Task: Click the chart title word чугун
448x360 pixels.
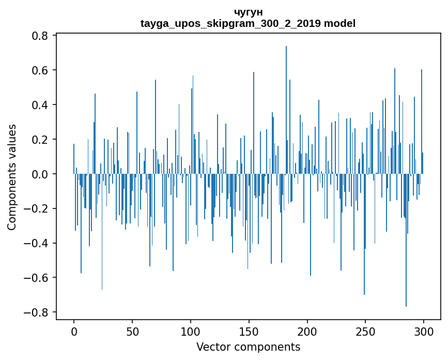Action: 248,12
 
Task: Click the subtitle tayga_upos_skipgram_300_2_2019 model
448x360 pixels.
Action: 248,23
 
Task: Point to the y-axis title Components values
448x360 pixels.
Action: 12,177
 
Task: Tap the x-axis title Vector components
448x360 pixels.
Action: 248,347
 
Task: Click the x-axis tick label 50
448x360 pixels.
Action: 132,331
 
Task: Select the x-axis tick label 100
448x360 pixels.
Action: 191,331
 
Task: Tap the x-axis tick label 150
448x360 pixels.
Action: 249,331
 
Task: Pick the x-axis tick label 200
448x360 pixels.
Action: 307,331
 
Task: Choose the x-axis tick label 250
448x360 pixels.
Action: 366,331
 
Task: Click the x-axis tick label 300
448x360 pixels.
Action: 424,331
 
